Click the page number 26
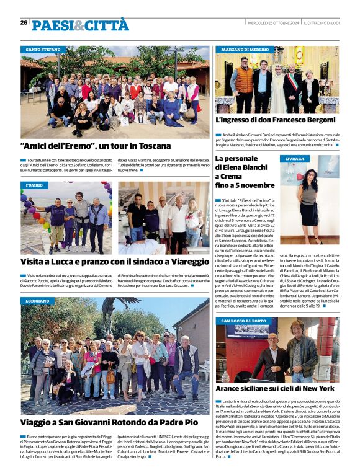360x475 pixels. pos(24,23)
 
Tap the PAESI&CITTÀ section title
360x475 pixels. pos(72,25)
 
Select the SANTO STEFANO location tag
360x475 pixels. pos(43,49)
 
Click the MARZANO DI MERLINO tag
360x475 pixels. pos(245,49)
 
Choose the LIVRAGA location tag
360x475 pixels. pos(295,159)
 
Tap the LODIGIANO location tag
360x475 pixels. pos(38,300)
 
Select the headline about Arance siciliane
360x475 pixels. pos(275,388)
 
